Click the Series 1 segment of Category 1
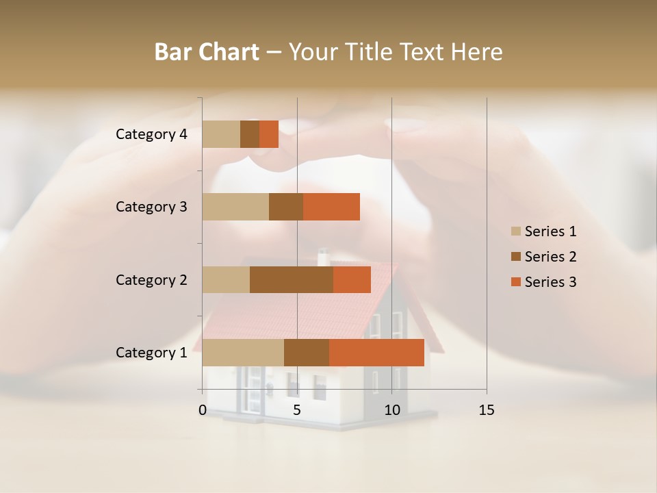coord(243,353)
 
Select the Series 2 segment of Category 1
coord(307,353)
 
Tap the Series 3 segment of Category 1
coord(376,353)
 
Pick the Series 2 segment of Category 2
coord(292,279)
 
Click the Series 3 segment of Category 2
coord(352,279)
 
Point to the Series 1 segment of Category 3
coord(235,207)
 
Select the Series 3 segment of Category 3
coord(331,207)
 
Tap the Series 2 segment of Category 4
coord(250,134)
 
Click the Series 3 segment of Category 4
coord(269,134)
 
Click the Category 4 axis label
coord(151,134)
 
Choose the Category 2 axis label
coord(151,279)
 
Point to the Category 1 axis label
coord(151,353)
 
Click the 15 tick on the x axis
coord(487,410)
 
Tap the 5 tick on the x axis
coord(297,410)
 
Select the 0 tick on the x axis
coord(203,410)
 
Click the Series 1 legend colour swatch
coord(516,231)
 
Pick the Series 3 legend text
coord(550,282)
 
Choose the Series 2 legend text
coord(550,257)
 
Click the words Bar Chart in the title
coord(207,52)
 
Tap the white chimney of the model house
coord(324,258)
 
